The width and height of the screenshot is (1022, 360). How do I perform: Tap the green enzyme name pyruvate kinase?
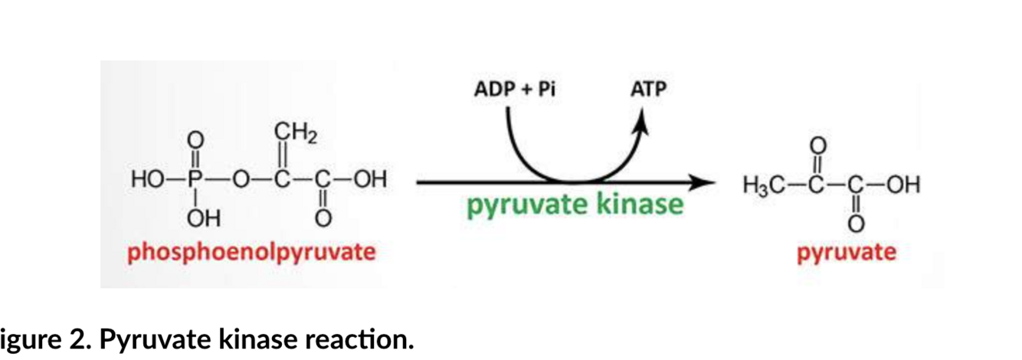575,205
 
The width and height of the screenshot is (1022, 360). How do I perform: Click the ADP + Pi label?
514,90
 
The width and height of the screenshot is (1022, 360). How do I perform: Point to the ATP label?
648,90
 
